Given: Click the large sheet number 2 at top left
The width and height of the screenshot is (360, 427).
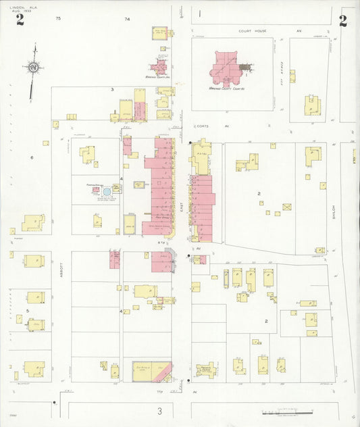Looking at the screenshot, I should [x=20, y=20].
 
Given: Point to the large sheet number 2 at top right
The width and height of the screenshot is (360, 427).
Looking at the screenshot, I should [x=343, y=20].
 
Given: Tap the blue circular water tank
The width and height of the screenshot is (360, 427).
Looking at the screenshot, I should [x=107, y=193].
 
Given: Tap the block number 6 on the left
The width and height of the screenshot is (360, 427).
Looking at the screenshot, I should [x=32, y=157].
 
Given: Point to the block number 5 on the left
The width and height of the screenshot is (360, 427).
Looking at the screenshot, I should [x=27, y=311].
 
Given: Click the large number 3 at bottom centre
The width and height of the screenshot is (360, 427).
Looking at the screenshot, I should [x=159, y=411].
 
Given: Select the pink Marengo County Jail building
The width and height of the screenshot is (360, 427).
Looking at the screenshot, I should [x=160, y=67].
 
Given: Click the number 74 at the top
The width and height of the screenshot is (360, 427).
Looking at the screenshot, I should [x=127, y=20].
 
